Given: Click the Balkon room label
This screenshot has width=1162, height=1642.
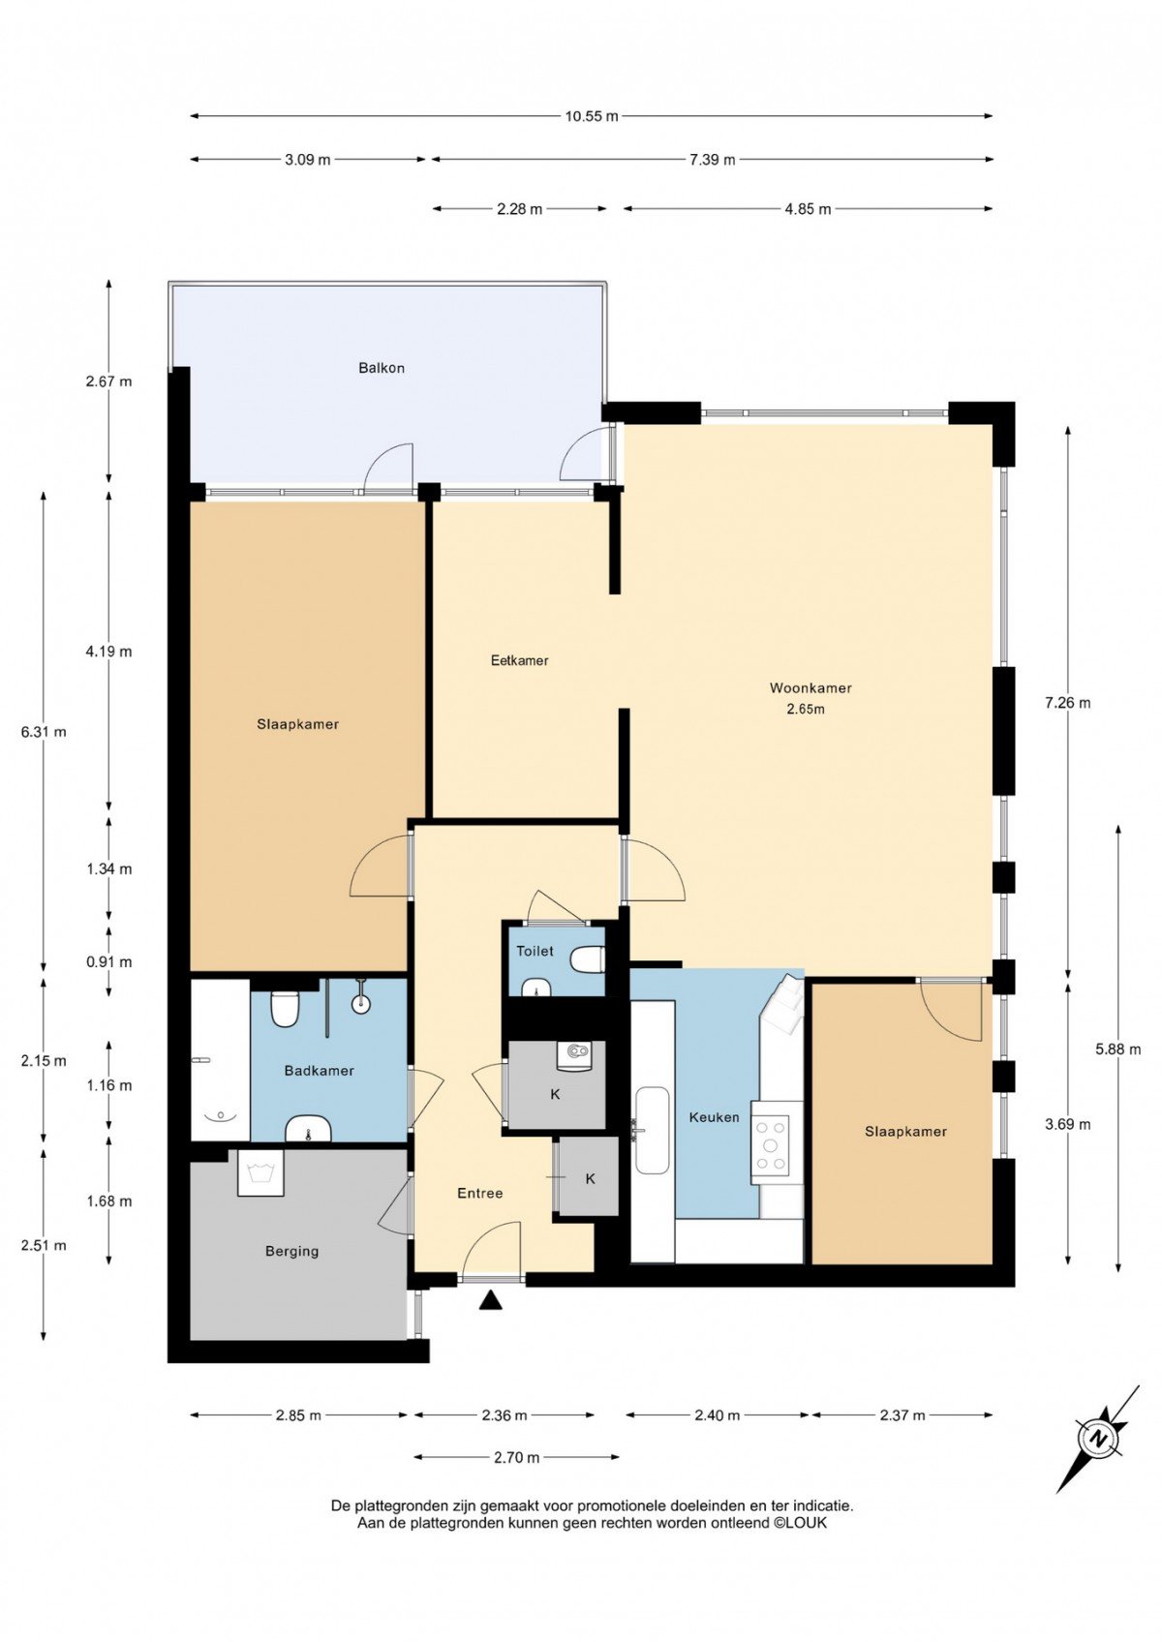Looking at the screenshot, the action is click(x=382, y=368).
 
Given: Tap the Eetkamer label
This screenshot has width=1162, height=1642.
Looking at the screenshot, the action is click(x=519, y=660).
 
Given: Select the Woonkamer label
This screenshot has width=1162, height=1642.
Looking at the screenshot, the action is click(x=810, y=687).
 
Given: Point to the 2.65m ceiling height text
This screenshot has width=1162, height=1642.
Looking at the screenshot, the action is click(x=806, y=709).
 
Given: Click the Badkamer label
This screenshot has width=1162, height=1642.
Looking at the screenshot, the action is click(x=319, y=1071).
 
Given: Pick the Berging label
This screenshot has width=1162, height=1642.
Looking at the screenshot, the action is click(x=291, y=1251).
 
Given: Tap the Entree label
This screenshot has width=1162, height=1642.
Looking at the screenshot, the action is click(x=480, y=1194).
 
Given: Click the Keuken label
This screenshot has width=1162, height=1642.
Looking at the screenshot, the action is click(x=714, y=1118).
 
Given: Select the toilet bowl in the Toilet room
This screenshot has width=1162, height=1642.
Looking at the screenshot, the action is click(x=588, y=959).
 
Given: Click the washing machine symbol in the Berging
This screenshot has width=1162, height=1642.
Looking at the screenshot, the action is click(x=260, y=1172).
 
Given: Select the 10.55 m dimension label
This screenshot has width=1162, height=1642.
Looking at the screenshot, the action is click(x=592, y=116).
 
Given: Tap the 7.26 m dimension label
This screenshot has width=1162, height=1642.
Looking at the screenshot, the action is click(x=1067, y=703).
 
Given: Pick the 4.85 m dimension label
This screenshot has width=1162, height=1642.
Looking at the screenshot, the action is click(x=808, y=209).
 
